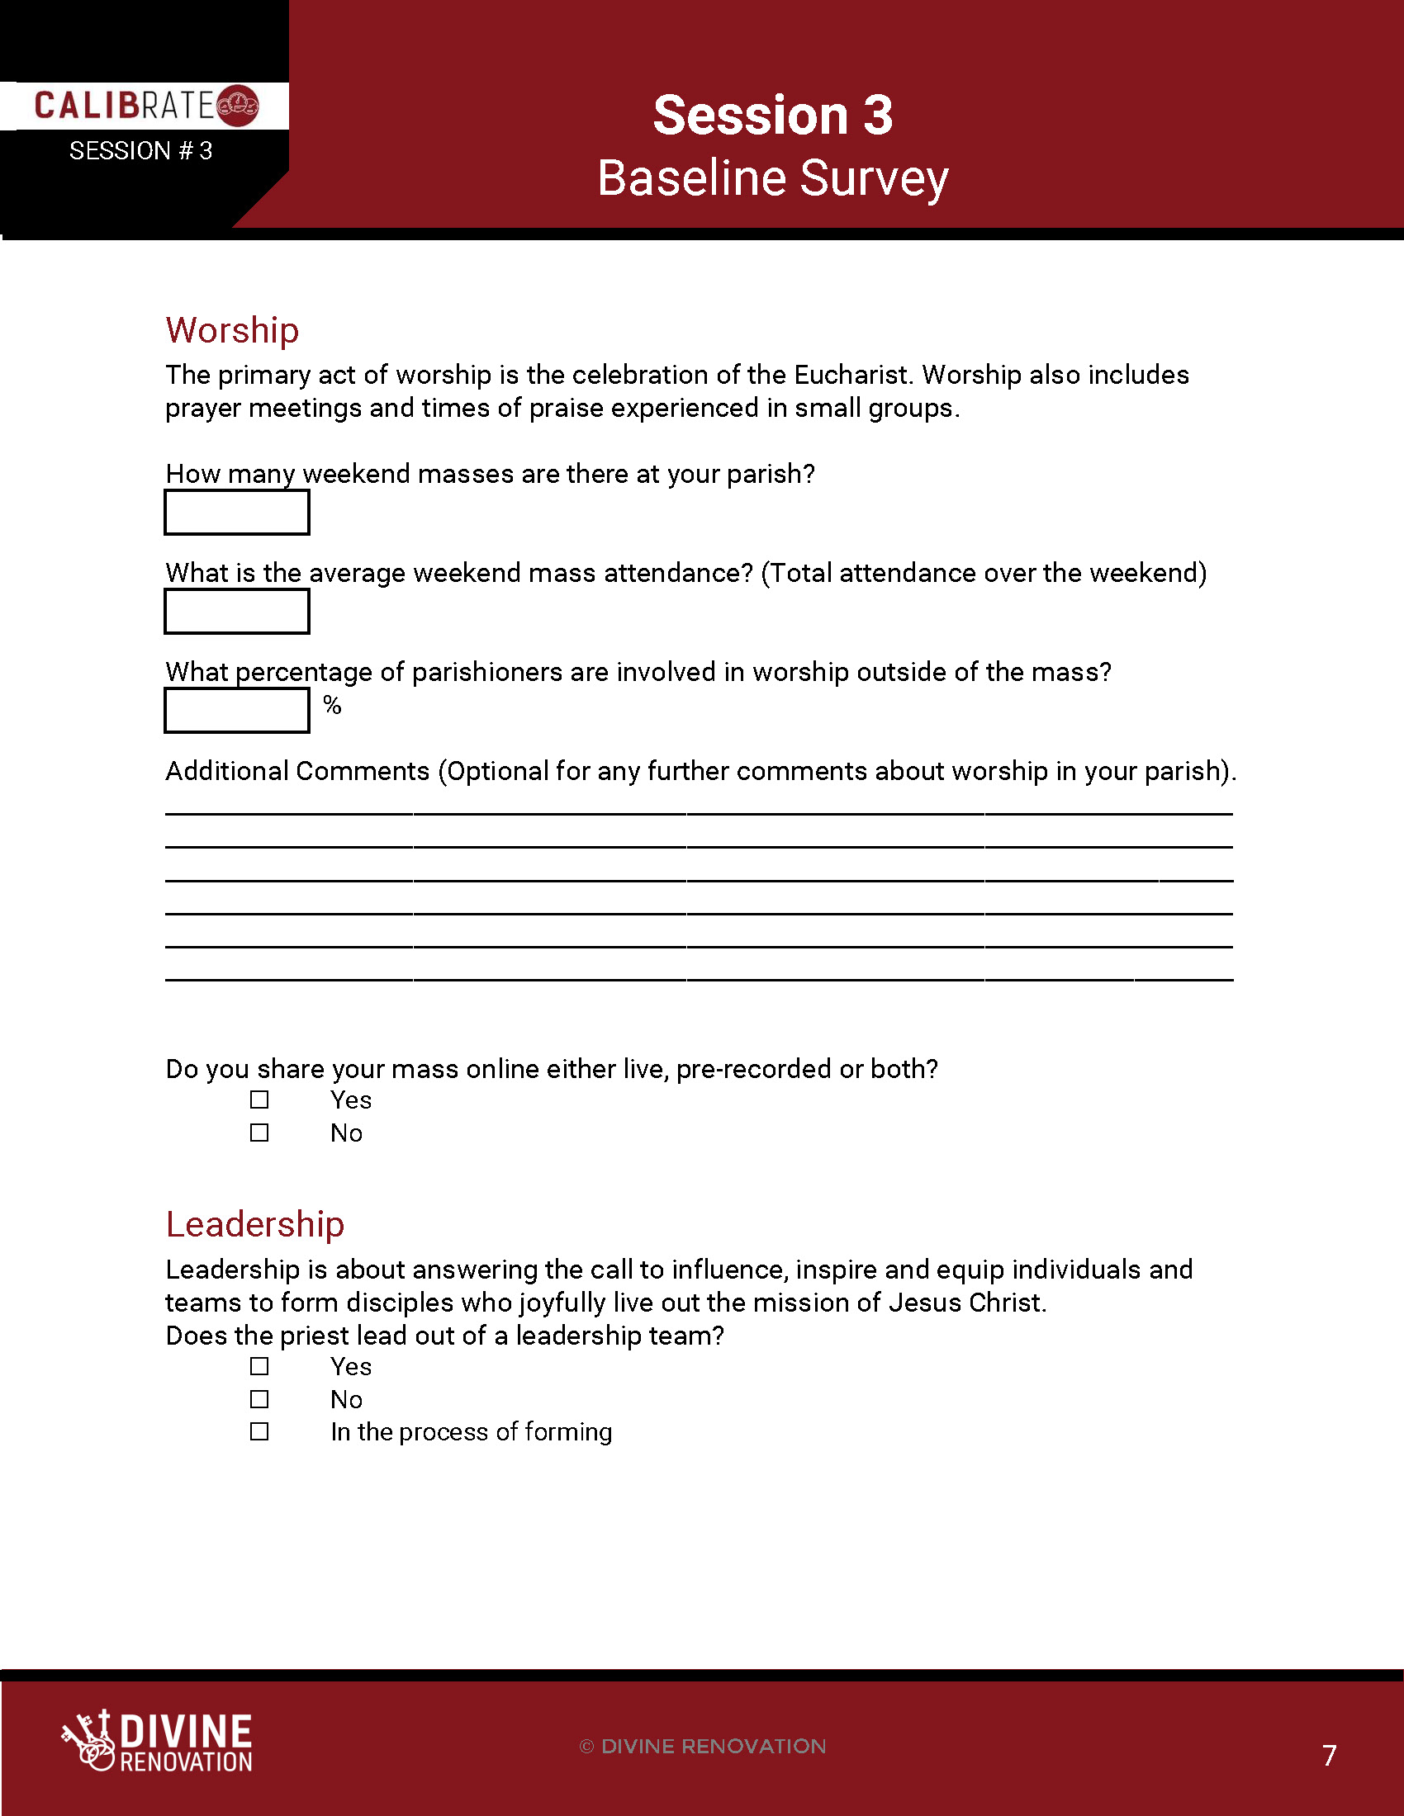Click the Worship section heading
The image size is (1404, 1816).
232,330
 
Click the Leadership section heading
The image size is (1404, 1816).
254,1224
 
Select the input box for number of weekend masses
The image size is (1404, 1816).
237,513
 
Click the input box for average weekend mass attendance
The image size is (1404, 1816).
237,611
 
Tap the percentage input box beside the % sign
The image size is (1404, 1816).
237,710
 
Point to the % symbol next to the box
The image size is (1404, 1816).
332,705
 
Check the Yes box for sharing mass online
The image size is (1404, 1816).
259,1100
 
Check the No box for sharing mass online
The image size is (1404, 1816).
259,1133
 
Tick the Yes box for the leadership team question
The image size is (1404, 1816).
259,1366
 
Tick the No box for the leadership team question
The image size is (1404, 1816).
259,1399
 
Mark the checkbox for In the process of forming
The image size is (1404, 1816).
259,1431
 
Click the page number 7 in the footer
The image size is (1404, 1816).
1328,1755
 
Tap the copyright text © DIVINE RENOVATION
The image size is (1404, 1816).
703,1746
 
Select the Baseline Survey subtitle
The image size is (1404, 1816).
772,178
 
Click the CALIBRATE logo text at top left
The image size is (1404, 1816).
125,106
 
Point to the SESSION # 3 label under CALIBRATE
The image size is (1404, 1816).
140,150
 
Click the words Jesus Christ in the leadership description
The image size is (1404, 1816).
965,1302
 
